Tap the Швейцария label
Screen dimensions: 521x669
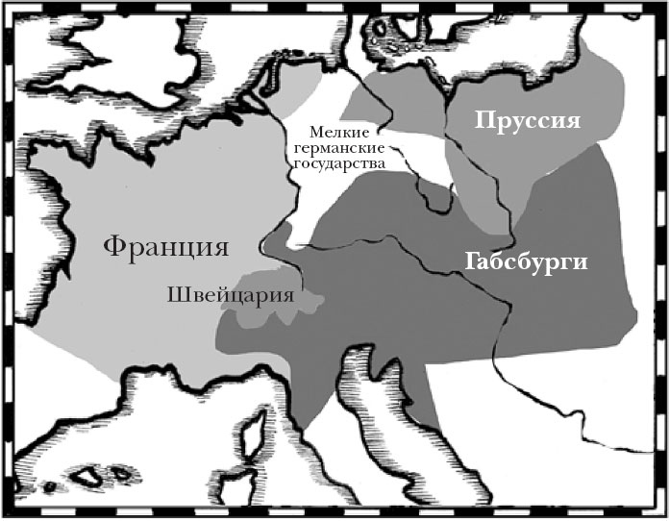(x=230, y=293)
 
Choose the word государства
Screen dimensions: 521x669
(x=335, y=164)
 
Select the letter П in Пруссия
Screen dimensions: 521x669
(x=481, y=122)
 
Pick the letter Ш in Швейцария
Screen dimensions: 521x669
(x=176, y=292)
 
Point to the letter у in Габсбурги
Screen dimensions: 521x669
(x=542, y=264)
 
